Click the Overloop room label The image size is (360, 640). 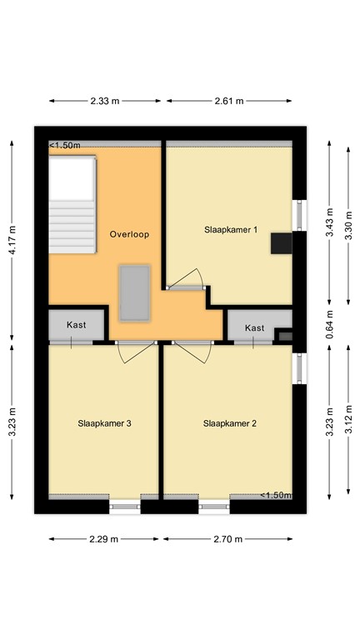click(x=129, y=234)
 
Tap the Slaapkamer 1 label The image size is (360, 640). click(x=231, y=229)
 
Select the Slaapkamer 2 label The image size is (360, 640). click(x=229, y=423)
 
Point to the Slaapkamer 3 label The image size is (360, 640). click(x=104, y=423)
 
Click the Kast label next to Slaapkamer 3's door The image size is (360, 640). click(x=77, y=325)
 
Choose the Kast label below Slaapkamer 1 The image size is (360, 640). click(x=255, y=327)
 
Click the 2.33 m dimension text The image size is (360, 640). click(x=105, y=101)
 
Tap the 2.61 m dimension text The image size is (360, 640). click(x=229, y=101)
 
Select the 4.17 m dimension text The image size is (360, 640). click(x=12, y=240)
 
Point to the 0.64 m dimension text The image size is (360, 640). click(x=330, y=324)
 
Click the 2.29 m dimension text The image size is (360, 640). click(x=103, y=539)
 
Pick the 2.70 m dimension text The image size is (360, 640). click(x=227, y=539)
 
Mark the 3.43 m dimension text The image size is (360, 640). click(x=330, y=222)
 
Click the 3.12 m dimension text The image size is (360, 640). click(x=348, y=419)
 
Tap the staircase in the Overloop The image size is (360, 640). click(x=72, y=204)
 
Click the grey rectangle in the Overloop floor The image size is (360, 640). click(x=134, y=292)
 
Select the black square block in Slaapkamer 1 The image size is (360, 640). click(x=282, y=243)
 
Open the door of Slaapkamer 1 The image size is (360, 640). click(x=186, y=279)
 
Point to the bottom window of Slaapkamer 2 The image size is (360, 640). click(x=214, y=507)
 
